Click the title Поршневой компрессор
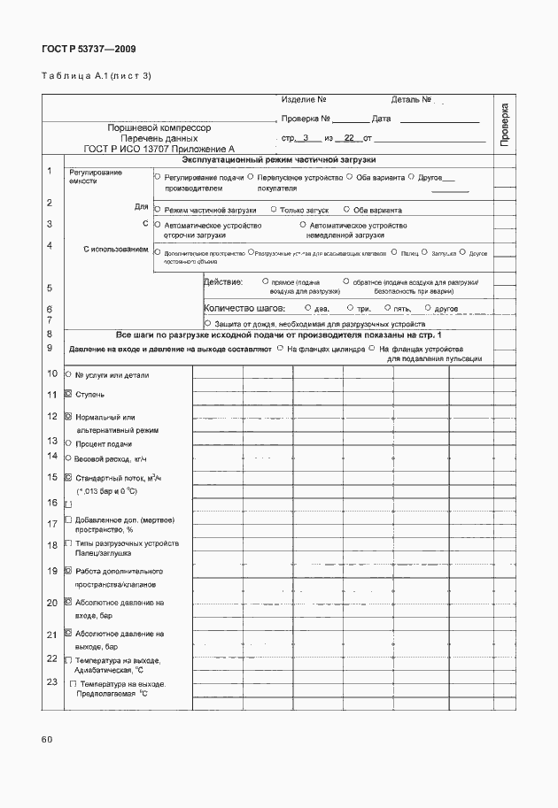[159, 128]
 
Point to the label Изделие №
[305, 99]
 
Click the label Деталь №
[411, 99]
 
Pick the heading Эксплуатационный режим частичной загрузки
[279, 160]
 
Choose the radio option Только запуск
[304, 211]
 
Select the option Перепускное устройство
[305, 178]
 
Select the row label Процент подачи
[104, 443]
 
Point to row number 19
[50, 572]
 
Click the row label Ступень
[90, 394]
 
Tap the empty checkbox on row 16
[69, 504]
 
